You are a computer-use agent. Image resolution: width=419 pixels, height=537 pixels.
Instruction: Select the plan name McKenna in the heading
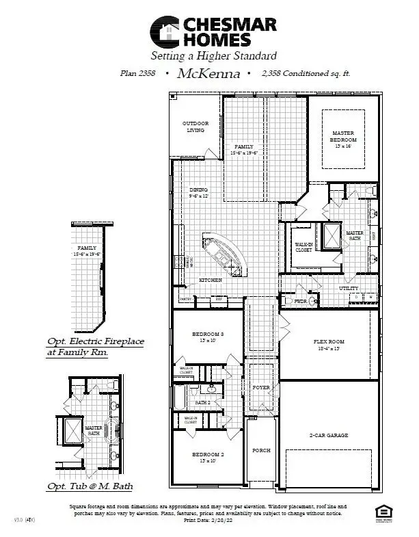pos(208,74)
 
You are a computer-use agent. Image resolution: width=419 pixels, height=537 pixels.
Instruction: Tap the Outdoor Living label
pos(195,127)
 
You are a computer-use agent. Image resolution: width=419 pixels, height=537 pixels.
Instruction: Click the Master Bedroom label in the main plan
pos(344,136)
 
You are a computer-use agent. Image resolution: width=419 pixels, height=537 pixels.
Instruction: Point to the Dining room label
pos(198,190)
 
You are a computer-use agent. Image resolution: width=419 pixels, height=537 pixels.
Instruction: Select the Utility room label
pos(349,289)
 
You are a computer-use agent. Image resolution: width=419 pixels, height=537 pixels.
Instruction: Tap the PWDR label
pos(300,300)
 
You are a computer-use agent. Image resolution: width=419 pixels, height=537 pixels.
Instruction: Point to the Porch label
pos(261,451)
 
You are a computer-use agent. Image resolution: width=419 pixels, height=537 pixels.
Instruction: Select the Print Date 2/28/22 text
pos(208,520)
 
